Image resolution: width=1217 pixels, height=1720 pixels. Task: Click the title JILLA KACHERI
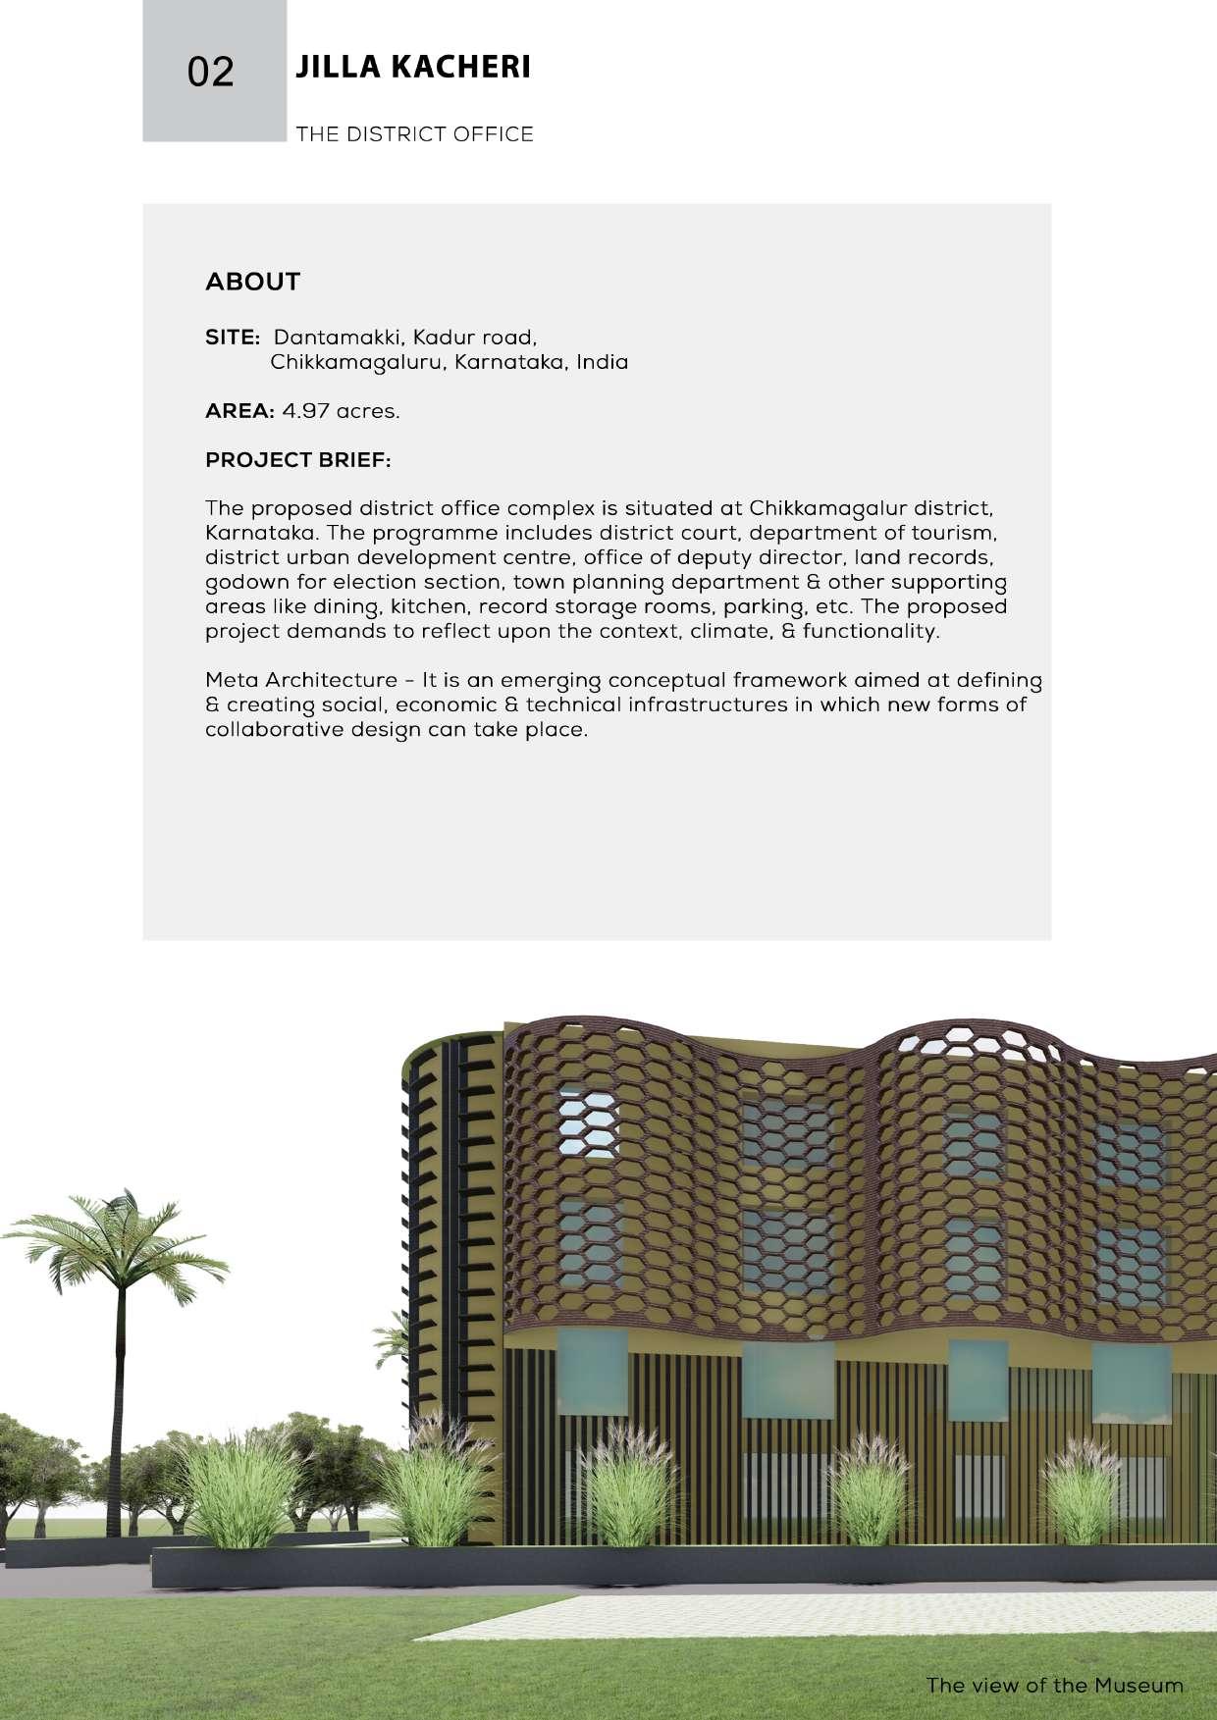[x=412, y=68]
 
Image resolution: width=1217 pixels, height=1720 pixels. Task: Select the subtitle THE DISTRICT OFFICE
[x=414, y=134]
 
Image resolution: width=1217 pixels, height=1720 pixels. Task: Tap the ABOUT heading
[x=252, y=282]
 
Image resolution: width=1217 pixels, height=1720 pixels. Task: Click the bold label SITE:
[x=232, y=338]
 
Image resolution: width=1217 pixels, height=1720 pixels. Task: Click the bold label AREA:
[x=238, y=411]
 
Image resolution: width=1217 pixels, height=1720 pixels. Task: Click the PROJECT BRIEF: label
[x=297, y=460]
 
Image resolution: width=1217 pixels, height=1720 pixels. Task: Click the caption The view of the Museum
[x=1054, y=1686]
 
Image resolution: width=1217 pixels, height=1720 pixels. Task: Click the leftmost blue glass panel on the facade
[x=593, y=1371]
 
